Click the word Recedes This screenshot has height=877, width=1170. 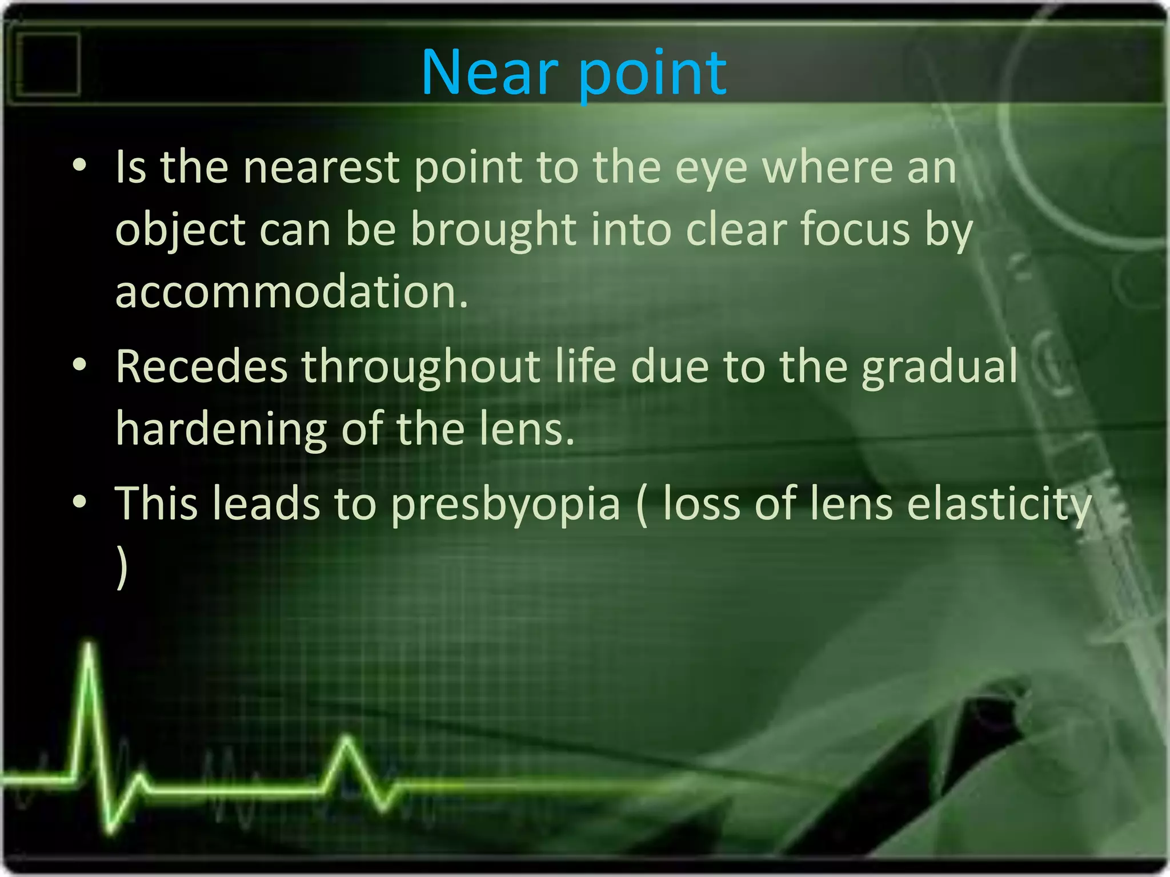coord(202,367)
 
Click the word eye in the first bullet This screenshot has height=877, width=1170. coord(711,169)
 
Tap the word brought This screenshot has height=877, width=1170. coord(493,230)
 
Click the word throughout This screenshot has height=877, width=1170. coord(421,367)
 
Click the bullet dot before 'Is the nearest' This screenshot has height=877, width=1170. coord(79,166)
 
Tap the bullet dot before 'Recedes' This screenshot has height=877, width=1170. coord(79,365)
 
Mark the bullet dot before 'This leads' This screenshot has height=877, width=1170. coord(79,502)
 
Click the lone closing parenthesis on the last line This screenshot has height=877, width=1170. coord(121,566)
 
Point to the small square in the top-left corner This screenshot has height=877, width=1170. coord(48,63)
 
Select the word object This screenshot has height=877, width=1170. coord(181,230)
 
